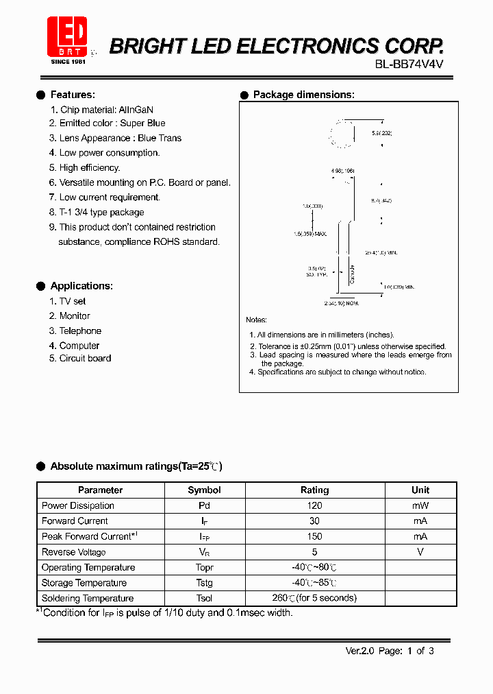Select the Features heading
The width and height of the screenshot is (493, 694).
point(73,95)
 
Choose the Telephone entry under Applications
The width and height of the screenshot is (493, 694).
point(80,331)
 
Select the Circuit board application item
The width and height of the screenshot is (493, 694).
point(85,358)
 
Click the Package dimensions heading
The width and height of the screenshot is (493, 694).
point(303,95)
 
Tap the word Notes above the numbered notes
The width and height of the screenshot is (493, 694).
point(256,320)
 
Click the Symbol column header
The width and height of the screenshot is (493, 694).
point(204,490)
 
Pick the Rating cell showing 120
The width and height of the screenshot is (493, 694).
point(314,505)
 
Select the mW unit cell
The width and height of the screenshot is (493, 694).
point(420,505)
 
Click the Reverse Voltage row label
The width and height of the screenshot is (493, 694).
point(73,552)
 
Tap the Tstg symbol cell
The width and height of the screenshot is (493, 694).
point(204,583)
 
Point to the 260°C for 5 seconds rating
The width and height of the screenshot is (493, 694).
point(314,598)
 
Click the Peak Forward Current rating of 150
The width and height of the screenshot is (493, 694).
point(314,536)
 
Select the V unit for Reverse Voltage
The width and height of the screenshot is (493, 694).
point(420,552)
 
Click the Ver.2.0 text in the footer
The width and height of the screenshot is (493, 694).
point(359,651)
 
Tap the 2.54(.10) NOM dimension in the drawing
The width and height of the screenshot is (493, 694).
point(341,302)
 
